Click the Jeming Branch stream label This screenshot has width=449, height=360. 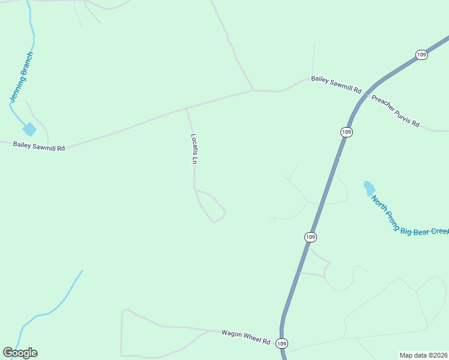(x=22, y=76)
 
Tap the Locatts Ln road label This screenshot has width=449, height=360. (x=194, y=148)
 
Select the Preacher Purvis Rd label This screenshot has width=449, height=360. (x=395, y=110)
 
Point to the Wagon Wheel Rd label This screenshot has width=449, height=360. (x=246, y=337)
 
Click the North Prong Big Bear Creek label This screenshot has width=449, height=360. (x=409, y=217)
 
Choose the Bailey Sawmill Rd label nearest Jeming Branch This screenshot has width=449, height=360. (x=39, y=146)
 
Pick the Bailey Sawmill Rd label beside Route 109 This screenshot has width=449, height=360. (x=336, y=85)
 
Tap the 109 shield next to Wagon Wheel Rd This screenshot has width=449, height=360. (x=283, y=343)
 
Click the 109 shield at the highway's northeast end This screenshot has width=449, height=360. (x=421, y=55)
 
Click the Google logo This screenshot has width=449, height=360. (x=20, y=353)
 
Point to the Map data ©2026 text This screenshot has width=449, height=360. (x=423, y=355)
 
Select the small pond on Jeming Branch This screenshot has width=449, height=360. (x=29, y=129)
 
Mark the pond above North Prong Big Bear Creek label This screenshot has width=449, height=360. (x=369, y=188)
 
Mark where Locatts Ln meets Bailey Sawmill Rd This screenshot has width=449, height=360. (x=187, y=109)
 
